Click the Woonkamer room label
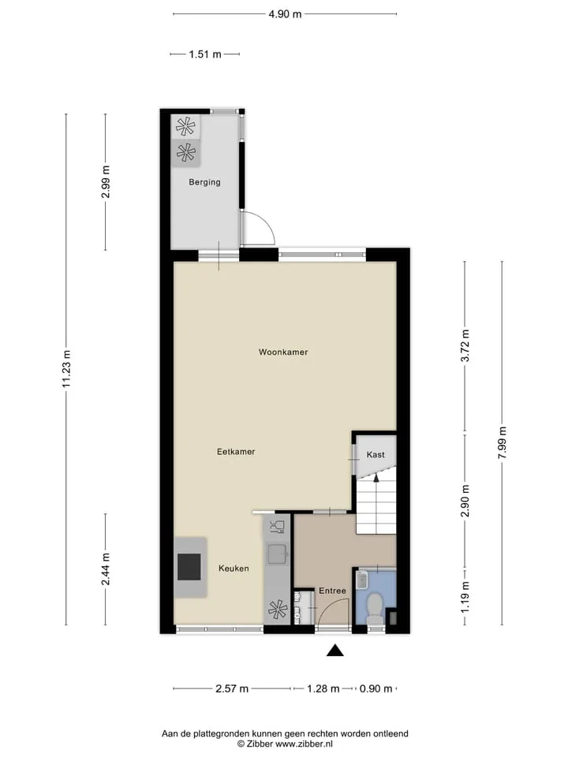click(x=283, y=352)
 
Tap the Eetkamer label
click(x=236, y=451)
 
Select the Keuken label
click(x=234, y=569)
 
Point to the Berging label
click(x=205, y=182)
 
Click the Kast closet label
click(x=376, y=454)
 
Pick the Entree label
click(x=332, y=591)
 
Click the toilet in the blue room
click(x=375, y=607)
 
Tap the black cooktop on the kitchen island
click(x=189, y=567)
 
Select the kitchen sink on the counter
click(x=277, y=554)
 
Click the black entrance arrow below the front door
click(x=334, y=651)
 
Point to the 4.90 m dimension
click(x=285, y=14)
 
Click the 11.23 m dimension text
click(x=66, y=369)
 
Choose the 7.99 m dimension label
click(x=503, y=442)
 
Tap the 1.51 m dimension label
click(x=205, y=54)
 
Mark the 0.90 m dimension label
click(x=376, y=688)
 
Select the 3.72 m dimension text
click(x=465, y=345)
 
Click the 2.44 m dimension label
click(x=105, y=569)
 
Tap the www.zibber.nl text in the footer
click(x=304, y=744)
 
